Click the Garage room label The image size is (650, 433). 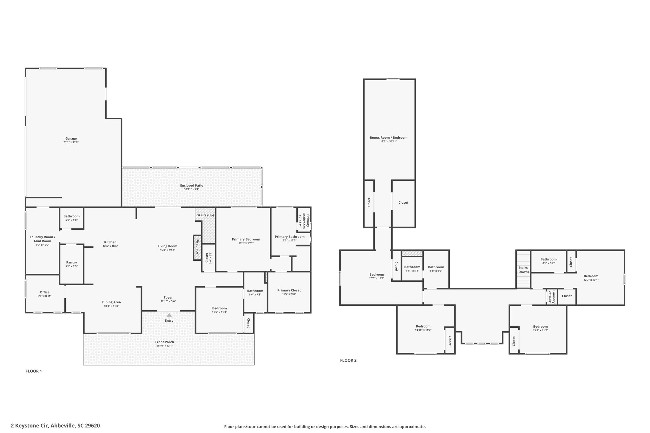point(71,139)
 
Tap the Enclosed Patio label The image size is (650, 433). point(192,186)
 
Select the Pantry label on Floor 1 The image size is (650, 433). point(72,262)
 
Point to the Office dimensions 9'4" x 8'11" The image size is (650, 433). point(45,296)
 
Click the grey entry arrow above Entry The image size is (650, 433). point(169,315)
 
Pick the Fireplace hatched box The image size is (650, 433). point(197,248)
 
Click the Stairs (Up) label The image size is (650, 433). point(205,215)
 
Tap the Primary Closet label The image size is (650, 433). point(289,290)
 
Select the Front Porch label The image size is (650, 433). point(164,342)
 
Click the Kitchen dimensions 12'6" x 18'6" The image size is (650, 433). point(110,246)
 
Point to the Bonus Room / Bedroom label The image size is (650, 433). point(388,138)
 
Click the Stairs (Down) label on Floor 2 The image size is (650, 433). point(523,270)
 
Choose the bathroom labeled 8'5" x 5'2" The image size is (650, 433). point(549,261)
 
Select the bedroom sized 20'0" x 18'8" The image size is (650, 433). point(377,276)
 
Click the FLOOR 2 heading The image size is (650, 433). point(348,360)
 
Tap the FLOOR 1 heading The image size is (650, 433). point(34,371)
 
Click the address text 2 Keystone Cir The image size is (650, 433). point(30,426)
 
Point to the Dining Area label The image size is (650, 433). point(111,302)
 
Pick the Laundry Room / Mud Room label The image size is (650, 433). point(43,239)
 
